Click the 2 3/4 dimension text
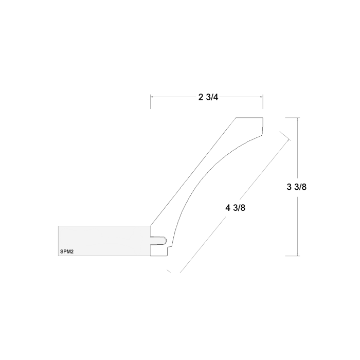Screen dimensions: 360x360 click(x=208, y=97)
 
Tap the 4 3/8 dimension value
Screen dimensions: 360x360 click(x=235, y=208)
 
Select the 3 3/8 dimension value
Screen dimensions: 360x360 click(x=297, y=187)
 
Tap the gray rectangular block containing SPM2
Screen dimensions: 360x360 click(x=103, y=241)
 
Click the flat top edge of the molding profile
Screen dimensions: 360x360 click(x=249, y=118)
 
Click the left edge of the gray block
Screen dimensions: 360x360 click(x=59, y=241)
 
